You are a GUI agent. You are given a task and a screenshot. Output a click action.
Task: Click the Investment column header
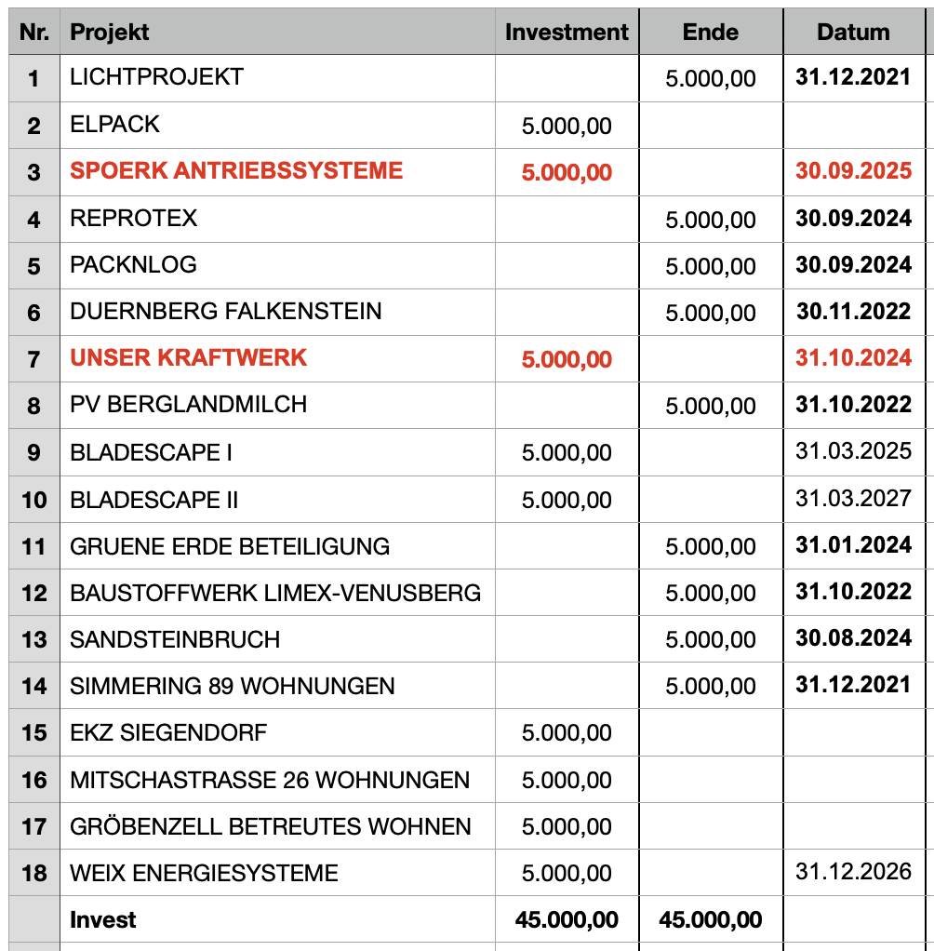click(567, 32)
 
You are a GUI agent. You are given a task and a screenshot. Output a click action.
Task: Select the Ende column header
click(710, 32)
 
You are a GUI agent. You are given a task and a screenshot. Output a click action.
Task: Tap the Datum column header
click(853, 32)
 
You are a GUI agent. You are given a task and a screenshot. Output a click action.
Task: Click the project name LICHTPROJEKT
click(156, 76)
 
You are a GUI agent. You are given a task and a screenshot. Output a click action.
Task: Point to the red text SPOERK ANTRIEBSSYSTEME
click(236, 170)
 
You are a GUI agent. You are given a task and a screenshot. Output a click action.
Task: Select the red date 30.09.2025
click(853, 171)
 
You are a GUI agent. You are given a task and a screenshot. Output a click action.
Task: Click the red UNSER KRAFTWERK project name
click(188, 357)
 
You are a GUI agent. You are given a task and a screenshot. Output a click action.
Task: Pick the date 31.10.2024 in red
click(853, 358)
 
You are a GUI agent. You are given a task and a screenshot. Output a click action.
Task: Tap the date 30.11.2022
click(853, 311)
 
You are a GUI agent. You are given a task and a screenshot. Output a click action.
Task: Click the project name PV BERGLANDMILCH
click(188, 405)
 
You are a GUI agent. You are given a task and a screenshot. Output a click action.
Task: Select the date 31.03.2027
click(853, 499)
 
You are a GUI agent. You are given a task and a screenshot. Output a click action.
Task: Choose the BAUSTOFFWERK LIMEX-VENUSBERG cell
click(275, 593)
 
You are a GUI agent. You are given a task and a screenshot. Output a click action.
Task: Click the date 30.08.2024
click(853, 638)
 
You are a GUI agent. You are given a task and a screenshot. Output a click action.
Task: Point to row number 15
click(34, 733)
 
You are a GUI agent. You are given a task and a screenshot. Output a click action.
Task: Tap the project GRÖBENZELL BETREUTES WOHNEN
click(271, 826)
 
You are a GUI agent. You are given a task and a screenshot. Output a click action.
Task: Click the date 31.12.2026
click(853, 872)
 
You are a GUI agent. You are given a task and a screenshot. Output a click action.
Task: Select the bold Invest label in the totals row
click(102, 920)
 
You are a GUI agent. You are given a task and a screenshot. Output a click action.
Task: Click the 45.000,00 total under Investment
click(567, 920)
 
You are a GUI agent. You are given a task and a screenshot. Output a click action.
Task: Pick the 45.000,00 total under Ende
click(710, 920)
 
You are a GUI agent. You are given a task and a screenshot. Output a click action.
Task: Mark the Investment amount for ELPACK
click(567, 126)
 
